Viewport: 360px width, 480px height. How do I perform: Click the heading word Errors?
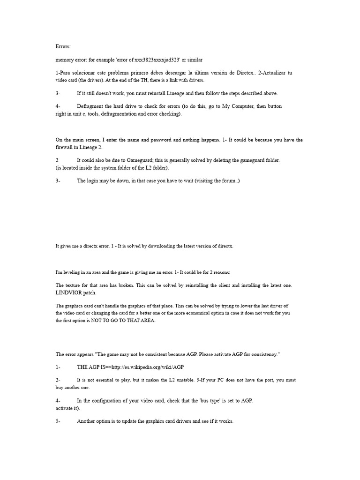62,46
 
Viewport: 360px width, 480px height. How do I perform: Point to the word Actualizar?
276,73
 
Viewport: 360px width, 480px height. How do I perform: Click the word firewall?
66,147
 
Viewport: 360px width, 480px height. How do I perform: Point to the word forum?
228,180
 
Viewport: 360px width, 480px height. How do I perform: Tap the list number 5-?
58,421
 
